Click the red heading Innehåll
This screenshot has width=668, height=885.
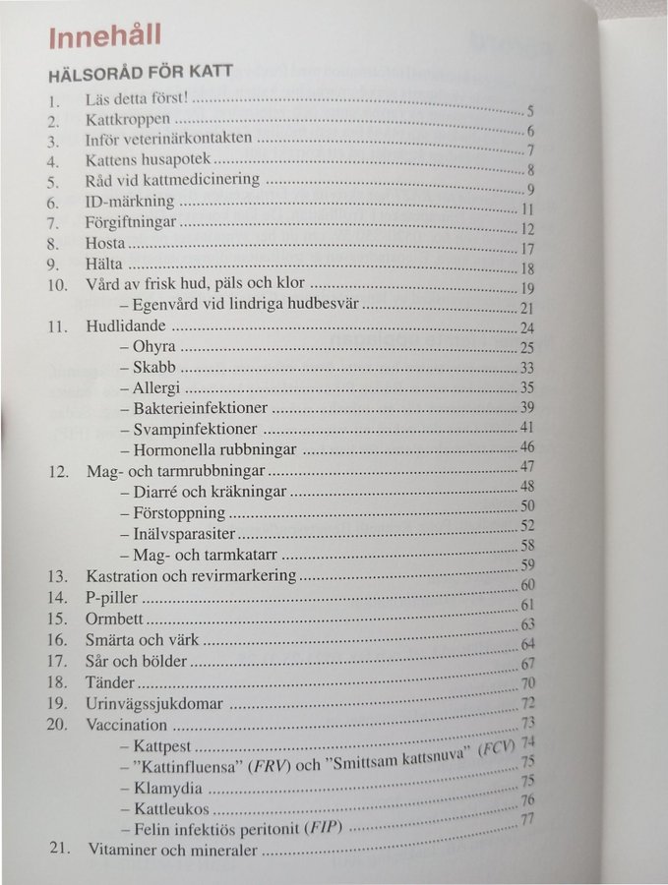[x=105, y=37]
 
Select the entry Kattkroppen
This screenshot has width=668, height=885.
[x=121, y=120]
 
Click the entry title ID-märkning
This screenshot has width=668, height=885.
[x=130, y=202]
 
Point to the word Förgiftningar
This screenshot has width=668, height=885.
[x=131, y=222]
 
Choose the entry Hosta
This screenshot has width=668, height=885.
[x=105, y=243]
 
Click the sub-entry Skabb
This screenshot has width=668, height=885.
[x=155, y=367]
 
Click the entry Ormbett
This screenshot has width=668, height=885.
[x=115, y=619]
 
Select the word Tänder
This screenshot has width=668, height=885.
[x=110, y=681]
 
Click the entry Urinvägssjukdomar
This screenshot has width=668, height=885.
[x=154, y=703]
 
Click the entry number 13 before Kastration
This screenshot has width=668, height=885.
[x=58, y=575]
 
